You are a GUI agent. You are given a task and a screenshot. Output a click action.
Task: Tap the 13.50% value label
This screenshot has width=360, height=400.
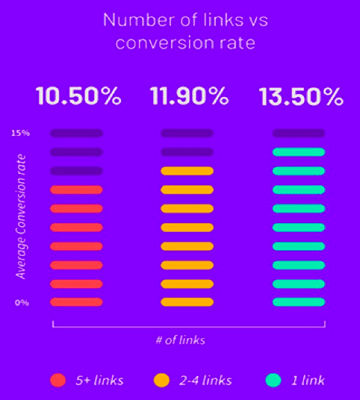300,97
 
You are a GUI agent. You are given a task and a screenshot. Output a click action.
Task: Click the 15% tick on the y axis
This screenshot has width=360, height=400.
20,134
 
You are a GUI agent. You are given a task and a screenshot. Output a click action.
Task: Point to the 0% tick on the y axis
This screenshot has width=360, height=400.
22,302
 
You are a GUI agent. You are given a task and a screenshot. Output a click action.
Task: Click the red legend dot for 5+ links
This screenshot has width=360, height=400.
59,380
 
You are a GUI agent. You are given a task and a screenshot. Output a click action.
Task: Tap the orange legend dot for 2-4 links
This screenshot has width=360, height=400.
161,380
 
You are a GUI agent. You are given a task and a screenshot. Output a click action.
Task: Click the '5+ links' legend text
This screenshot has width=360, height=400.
99,380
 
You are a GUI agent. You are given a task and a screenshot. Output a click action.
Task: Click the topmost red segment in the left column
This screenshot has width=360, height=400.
76,190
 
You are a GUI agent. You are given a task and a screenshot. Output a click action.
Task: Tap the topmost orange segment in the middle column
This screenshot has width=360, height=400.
187,171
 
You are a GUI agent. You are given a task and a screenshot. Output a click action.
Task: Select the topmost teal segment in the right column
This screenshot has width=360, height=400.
299,152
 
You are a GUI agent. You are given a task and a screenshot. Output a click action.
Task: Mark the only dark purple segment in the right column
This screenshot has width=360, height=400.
299,134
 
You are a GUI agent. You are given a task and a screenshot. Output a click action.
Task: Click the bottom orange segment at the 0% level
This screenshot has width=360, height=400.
187,302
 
